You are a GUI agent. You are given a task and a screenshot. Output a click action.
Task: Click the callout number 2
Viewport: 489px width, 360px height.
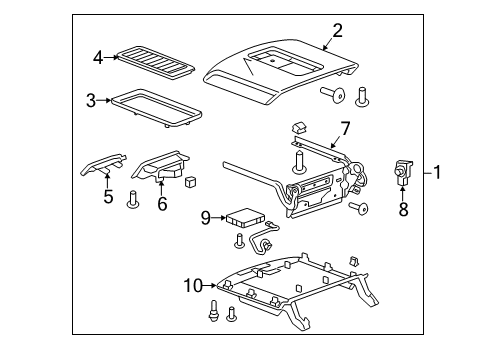tap(337, 31)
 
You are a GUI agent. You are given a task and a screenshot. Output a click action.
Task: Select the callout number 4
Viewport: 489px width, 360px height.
tap(98, 58)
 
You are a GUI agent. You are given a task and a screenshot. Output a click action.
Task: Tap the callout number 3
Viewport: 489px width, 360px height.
tap(91, 100)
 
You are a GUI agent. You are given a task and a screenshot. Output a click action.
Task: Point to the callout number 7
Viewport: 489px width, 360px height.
tap(345, 128)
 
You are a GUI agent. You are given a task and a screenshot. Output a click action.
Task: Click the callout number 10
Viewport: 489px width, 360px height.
tap(193, 285)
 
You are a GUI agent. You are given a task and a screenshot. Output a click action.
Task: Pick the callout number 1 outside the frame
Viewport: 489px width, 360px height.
tap(437, 172)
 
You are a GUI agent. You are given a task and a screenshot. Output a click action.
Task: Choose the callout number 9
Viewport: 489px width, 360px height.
tap(206, 218)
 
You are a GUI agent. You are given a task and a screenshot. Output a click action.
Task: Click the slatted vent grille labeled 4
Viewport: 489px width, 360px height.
tap(156, 63)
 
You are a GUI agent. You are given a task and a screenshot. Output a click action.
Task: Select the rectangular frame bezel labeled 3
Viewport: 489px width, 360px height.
tap(157, 108)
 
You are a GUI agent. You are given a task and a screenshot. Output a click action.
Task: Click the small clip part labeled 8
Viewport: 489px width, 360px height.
tap(403, 172)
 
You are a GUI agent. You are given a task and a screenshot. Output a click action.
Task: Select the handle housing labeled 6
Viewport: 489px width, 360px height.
tap(160, 166)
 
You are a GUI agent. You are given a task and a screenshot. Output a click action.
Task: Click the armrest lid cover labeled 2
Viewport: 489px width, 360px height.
tap(281, 72)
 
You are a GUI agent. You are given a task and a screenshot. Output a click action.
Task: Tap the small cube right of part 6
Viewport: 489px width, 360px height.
tap(190, 181)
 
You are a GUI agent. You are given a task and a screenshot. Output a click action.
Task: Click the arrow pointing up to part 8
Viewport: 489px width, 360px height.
tap(403, 194)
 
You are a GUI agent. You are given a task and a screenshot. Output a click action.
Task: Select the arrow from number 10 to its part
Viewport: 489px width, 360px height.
tap(209, 285)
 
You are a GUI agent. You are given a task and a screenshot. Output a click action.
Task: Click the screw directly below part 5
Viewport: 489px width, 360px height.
tap(133, 199)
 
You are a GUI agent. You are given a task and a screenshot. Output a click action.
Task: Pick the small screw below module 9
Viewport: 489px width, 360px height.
tap(240, 241)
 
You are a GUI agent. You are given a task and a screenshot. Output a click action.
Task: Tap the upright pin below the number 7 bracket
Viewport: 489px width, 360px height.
tap(299, 162)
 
